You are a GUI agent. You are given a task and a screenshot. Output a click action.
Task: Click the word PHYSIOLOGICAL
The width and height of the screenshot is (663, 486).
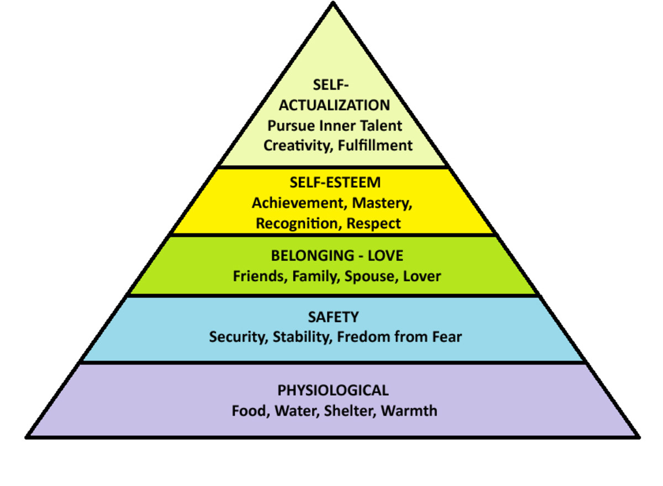tap(333, 390)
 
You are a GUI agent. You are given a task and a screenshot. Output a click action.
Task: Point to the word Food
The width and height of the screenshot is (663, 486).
tap(248, 411)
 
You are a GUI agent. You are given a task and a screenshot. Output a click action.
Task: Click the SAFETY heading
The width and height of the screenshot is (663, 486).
tap(333, 317)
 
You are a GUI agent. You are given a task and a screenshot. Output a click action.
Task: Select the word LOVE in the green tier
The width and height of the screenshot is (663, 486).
tap(385, 256)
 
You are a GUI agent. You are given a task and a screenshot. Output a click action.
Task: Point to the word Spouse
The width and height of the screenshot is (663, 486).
tap(366, 276)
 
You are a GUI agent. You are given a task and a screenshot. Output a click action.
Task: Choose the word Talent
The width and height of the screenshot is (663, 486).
tap(380, 126)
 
